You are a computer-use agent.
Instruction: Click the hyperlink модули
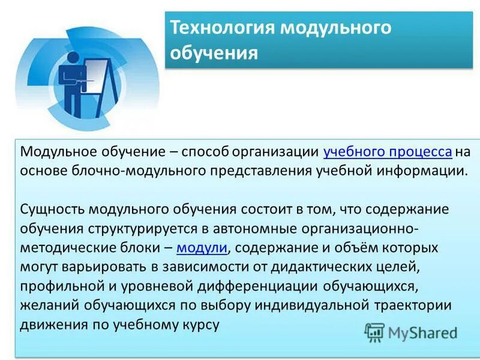click(x=202, y=248)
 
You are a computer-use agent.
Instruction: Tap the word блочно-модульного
click(x=144, y=170)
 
